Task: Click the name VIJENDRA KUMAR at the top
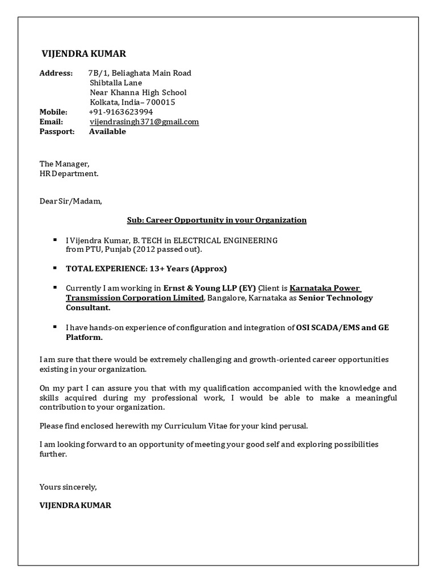[x=84, y=54]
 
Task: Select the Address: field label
[x=56, y=73]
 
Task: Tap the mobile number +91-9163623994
[x=121, y=112]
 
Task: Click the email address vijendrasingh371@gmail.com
[x=144, y=122]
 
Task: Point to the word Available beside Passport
[x=107, y=131]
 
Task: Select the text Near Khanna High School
[x=138, y=93]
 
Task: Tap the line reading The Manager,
[x=64, y=164]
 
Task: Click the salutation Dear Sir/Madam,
[x=71, y=201]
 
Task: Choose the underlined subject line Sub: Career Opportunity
[x=216, y=220]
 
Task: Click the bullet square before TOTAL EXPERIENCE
[x=54, y=267]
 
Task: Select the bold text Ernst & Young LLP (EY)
[x=209, y=288]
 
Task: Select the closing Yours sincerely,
[x=68, y=487]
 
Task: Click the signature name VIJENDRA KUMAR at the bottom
[x=75, y=505]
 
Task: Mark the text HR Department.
[x=69, y=174]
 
